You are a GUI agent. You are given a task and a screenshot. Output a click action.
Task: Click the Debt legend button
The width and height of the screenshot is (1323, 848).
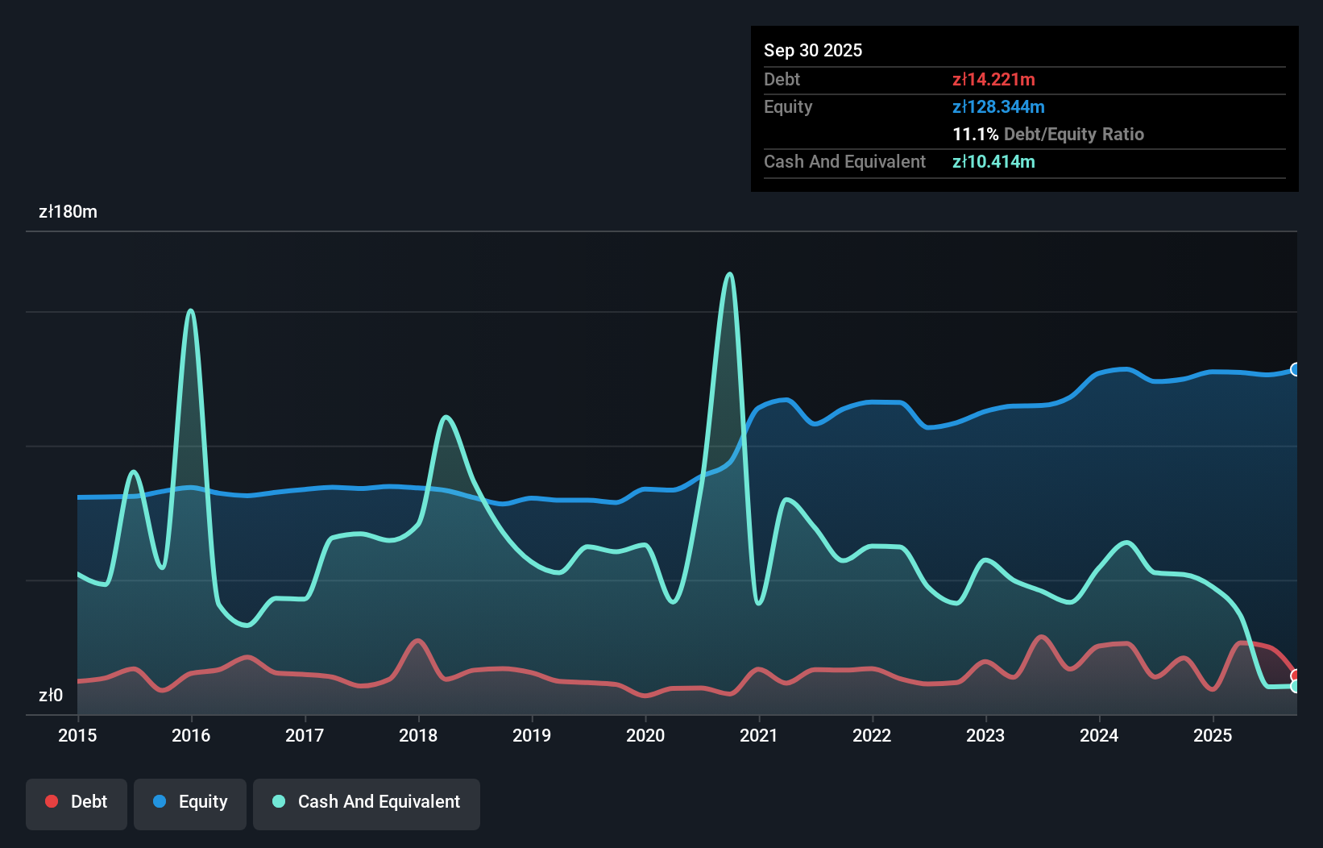[77, 802]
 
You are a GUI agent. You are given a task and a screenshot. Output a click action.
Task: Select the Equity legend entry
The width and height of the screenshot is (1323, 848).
[190, 802]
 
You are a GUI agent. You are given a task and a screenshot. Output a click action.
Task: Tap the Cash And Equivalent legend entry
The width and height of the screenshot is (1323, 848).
[367, 802]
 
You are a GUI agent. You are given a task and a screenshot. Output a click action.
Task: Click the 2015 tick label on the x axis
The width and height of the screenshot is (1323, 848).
[77, 735]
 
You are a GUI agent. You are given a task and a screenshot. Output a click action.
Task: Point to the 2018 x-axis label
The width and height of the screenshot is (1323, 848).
[418, 735]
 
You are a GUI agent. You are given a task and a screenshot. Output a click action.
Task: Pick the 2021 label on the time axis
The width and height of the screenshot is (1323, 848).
[759, 735]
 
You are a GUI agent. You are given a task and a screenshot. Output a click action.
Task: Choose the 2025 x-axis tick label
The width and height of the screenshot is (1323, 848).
[1213, 735]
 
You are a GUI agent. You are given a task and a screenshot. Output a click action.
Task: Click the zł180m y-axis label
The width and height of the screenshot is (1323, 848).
[68, 212]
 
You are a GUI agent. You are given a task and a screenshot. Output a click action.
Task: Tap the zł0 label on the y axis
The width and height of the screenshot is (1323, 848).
[51, 695]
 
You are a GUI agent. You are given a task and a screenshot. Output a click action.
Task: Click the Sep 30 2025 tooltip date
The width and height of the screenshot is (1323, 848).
[813, 50]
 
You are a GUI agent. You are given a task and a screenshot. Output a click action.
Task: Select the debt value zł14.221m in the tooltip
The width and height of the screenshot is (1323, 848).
[993, 79]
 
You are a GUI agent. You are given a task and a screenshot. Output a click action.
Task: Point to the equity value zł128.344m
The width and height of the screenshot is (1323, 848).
[998, 106]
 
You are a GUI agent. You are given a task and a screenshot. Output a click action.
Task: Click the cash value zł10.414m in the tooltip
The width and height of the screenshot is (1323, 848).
[993, 161]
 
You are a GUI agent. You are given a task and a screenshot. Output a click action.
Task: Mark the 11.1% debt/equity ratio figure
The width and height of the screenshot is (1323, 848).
[975, 134]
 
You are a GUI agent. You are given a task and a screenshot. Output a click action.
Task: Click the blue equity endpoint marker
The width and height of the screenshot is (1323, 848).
[1296, 369]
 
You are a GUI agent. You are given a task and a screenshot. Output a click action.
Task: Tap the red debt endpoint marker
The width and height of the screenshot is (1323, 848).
[1296, 675]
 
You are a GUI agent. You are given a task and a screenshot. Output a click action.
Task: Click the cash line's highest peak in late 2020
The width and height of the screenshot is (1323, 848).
[729, 274]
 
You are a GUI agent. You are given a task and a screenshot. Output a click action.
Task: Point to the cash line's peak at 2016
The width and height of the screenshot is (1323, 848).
[191, 310]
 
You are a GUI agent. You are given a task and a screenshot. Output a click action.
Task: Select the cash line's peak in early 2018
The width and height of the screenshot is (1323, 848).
[446, 417]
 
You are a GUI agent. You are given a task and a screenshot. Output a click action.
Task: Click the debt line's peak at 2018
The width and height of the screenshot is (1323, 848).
[417, 641]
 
